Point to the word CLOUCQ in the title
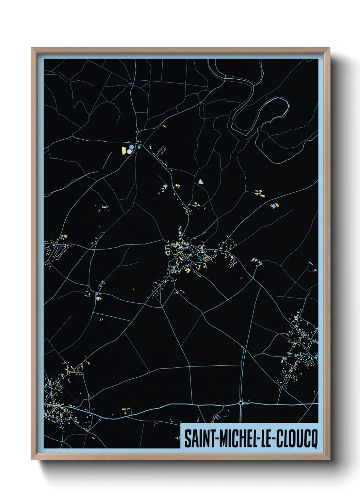coord(296,439)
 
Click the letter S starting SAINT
coord(187,439)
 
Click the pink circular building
coord(129,151)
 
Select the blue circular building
coord(131,147)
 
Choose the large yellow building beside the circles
coord(124,150)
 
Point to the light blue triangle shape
coord(201,182)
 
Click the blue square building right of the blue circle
coord(139,147)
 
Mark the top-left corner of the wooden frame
coord(32,48)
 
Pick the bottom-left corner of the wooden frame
coord(32,459)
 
